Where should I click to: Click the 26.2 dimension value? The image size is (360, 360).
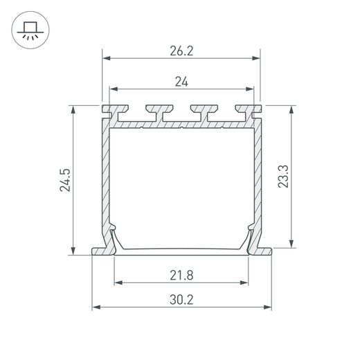(181, 51)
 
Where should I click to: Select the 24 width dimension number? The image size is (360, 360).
(181, 82)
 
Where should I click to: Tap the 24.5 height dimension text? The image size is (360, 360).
(65, 180)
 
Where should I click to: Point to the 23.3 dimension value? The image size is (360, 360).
(283, 177)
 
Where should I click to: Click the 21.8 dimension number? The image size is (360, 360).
(181, 276)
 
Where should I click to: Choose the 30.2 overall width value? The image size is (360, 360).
(181, 300)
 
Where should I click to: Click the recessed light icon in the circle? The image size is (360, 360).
(30, 30)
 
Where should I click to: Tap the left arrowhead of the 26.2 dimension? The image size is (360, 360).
(106, 58)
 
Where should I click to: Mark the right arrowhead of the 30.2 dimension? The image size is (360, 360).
(268, 307)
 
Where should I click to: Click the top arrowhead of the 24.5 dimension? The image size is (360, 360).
(73, 109)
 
